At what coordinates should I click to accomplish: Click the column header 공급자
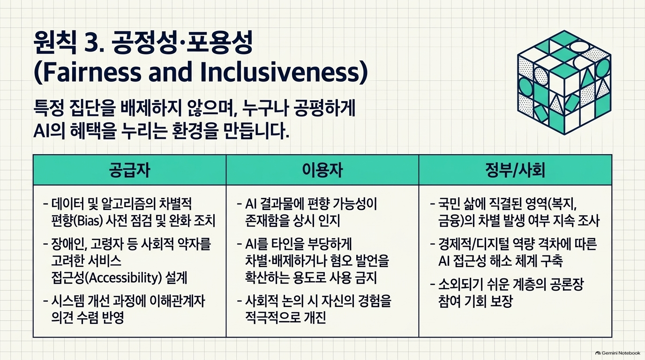tap(129, 170)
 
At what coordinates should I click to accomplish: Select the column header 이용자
tap(322, 170)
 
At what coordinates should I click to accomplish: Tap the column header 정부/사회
tap(515, 170)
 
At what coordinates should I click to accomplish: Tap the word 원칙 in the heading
tap(55, 43)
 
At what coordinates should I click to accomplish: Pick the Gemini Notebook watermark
tap(618, 353)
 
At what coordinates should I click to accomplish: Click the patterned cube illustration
tap(564, 82)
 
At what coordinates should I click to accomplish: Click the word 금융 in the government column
tap(450, 221)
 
